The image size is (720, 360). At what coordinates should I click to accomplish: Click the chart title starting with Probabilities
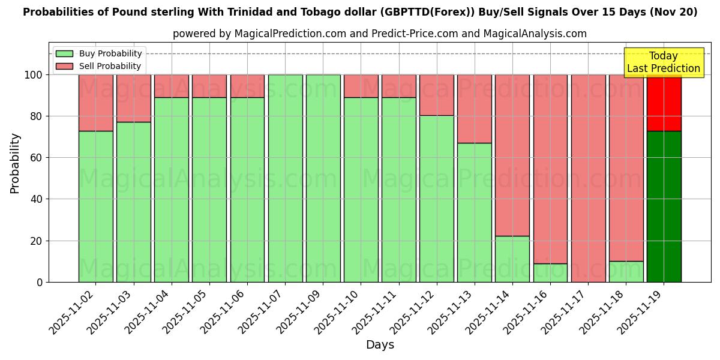(x=360, y=12)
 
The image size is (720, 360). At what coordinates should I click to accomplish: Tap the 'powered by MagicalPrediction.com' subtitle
(x=379, y=34)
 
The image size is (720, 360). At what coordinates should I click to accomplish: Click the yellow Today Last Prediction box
(x=663, y=62)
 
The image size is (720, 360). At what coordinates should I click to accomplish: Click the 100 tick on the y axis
(x=34, y=75)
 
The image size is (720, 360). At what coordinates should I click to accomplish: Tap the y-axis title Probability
(x=15, y=163)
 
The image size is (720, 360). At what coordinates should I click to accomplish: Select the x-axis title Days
(x=380, y=345)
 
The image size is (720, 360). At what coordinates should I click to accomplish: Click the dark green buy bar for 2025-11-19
(x=664, y=207)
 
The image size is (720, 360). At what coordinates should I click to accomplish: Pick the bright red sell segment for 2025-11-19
(x=664, y=102)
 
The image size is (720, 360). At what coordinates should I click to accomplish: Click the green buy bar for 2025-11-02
(x=95, y=207)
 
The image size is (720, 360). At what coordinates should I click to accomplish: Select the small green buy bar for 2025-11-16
(x=550, y=273)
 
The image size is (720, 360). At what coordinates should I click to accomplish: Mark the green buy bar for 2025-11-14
(x=512, y=259)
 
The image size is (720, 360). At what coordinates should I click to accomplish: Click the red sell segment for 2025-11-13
(x=475, y=108)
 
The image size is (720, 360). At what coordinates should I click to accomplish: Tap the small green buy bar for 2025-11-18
(x=626, y=272)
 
